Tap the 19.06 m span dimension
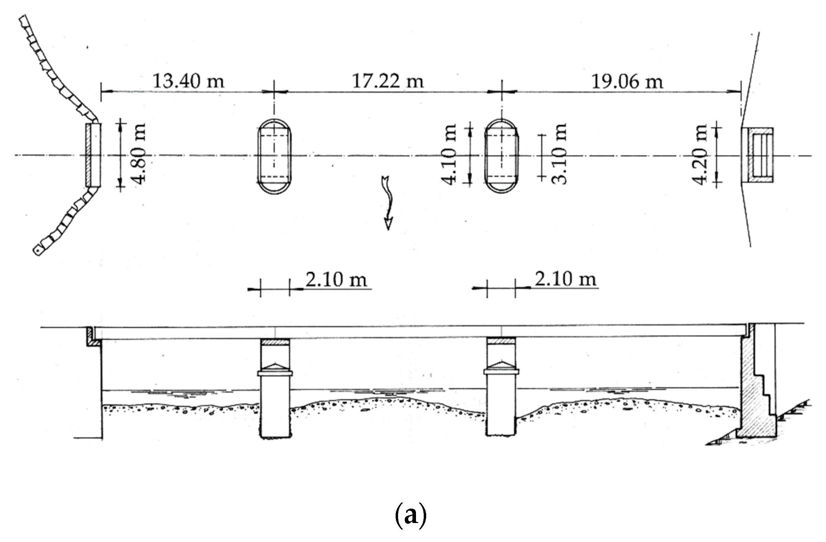click(627, 82)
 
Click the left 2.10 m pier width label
click(336, 280)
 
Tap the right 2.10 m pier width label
click(566, 279)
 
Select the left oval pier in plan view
click(274, 156)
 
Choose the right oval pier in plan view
click(501, 156)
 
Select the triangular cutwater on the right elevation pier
click(501, 364)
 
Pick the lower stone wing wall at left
click(67, 223)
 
